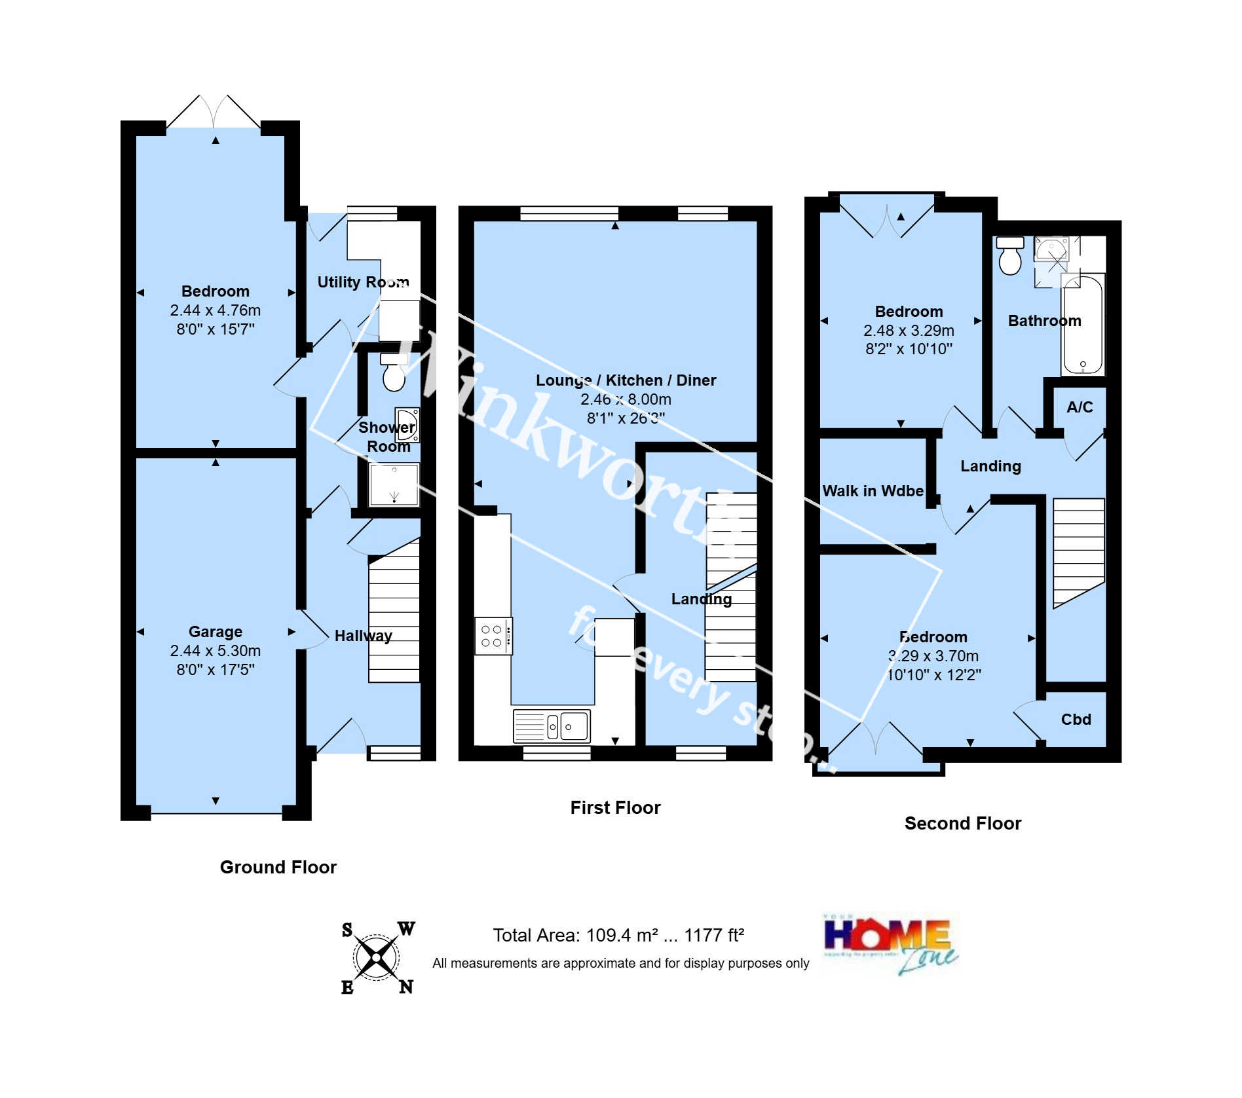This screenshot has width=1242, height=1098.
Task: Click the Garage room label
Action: click(x=215, y=632)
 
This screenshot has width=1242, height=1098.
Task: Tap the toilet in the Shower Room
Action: click(x=393, y=373)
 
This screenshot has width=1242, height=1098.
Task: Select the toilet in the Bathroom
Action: click(x=1010, y=256)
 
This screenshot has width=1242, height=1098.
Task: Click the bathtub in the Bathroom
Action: click(x=1083, y=325)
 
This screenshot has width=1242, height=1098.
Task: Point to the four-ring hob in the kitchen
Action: click(x=493, y=636)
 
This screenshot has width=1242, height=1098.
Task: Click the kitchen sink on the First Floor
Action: click(x=552, y=725)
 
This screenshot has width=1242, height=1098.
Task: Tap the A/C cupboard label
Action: click(x=1079, y=407)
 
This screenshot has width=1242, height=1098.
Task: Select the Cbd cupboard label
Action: click(x=1076, y=720)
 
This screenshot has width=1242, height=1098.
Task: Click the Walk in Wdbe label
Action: click(x=872, y=491)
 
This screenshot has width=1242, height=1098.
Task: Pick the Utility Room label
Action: click(x=363, y=282)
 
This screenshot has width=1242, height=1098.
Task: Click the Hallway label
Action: click(x=363, y=636)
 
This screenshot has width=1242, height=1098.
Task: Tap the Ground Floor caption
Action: click(x=278, y=867)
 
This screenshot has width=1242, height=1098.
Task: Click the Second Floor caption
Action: click(x=962, y=823)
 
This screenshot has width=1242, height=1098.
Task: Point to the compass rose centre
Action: click(x=376, y=958)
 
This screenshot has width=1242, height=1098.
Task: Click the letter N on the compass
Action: click(x=406, y=987)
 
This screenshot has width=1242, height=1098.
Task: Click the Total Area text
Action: click(x=618, y=935)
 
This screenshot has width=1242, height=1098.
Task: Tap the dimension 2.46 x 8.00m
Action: click(x=625, y=399)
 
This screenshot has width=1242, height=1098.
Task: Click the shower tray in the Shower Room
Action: click(x=394, y=485)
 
